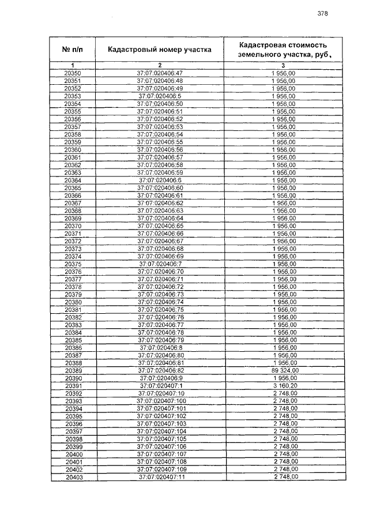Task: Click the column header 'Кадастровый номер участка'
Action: tap(160, 50)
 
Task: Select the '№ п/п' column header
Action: tap(73, 50)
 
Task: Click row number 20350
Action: tap(73, 73)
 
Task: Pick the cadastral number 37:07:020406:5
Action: tap(160, 96)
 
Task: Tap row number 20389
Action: tap(73, 370)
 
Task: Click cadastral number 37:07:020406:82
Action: tap(160, 370)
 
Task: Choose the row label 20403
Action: tap(73, 477)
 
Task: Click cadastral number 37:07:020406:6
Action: tap(160, 180)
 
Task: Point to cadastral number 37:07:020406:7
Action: tap(160, 264)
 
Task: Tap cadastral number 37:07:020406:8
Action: tap(160, 348)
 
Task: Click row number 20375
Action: tap(73, 264)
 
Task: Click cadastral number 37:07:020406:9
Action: tap(160, 378)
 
